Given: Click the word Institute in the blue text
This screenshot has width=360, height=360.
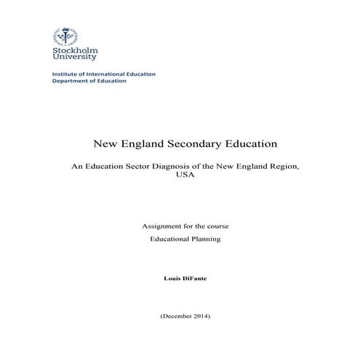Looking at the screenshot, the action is click(65, 74).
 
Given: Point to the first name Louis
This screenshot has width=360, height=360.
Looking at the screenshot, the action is click(175, 279).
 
